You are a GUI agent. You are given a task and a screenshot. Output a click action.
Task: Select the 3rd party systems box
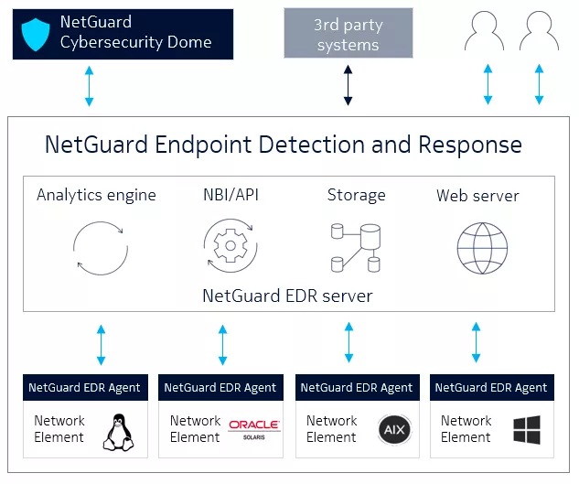tap(348, 33)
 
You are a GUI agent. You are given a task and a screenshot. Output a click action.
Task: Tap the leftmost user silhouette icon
tap(485, 32)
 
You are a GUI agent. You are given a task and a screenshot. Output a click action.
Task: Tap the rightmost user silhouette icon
tap(539, 32)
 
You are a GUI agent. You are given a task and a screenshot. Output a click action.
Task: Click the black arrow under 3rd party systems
tap(348, 85)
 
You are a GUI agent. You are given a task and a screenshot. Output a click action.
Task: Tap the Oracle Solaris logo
tap(254, 428)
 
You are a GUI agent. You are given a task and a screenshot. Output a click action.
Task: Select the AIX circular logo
tap(391, 429)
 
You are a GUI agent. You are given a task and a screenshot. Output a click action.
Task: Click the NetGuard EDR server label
tap(287, 296)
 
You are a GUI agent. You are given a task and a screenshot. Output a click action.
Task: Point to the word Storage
tap(356, 195)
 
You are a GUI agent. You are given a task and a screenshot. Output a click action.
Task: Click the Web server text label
tap(477, 196)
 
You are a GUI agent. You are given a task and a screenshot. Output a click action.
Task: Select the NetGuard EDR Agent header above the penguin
tap(84, 387)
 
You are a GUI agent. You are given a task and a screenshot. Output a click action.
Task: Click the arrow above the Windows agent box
tap(476, 343)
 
